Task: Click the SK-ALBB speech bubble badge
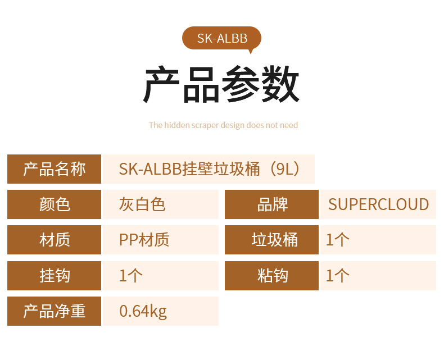pos(221,38)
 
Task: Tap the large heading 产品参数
pos(221,84)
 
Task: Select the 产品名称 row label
pos(54,169)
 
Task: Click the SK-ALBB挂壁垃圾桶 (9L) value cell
pos(209,169)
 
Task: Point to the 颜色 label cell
pos(54,204)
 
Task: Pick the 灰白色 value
pos(142,204)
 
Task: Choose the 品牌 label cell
pos(271,204)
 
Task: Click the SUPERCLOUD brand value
pos(378,204)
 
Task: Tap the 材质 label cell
pos(54,240)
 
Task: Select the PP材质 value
pos(144,240)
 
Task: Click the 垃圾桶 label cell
pos(271,240)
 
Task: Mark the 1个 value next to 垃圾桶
pos(338,240)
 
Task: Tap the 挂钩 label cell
pos(54,276)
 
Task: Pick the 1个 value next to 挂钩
pos(131,276)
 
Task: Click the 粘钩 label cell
pos(271,276)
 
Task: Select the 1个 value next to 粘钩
pos(338,276)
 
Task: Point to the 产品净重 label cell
pos(54,311)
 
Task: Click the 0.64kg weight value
pos(143,312)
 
